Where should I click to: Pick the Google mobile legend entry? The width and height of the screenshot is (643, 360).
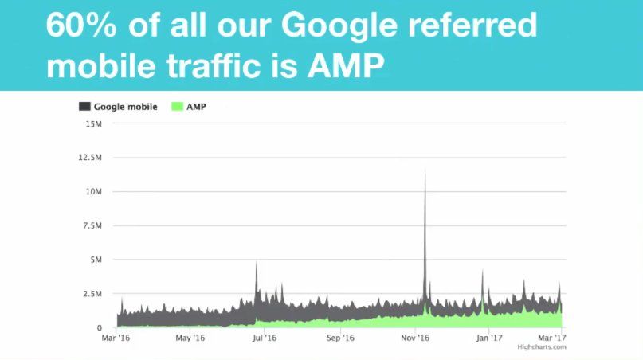119,106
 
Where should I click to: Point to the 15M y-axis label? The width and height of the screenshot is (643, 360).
92,123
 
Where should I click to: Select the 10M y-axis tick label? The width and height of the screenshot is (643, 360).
92,192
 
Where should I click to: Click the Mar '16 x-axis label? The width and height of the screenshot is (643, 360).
116,338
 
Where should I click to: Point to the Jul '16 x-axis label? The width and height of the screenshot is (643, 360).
265,338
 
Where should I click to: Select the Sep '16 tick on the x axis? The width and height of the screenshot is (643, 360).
339,338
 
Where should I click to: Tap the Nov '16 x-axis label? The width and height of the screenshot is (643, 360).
414,338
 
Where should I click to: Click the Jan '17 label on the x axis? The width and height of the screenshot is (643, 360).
488,338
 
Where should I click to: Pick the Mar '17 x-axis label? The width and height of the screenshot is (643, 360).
554,338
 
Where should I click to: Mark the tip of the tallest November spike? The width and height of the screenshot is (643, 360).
425,171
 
